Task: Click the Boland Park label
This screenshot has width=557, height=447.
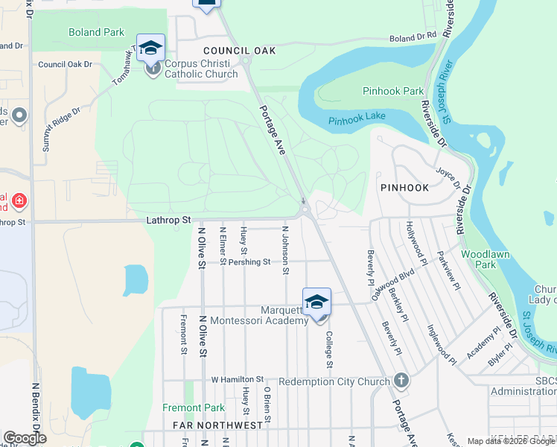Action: [x=95, y=32]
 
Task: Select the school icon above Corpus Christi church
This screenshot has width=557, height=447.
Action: [x=150, y=48]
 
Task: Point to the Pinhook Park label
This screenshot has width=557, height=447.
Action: [x=392, y=91]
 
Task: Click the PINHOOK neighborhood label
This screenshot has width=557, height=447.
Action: [x=404, y=188]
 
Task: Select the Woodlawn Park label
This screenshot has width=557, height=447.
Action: [x=489, y=259]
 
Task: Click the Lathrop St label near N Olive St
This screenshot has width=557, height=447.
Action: [x=169, y=220]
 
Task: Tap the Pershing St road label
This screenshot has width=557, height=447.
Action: [x=249, y=262]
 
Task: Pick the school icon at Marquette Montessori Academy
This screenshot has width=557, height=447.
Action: [x=316, y=302]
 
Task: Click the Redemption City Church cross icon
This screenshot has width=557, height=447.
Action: [x=401, y=381]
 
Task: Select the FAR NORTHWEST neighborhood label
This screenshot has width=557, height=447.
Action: [x=217, y=425]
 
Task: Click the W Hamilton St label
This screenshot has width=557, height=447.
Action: [x=238, y=379]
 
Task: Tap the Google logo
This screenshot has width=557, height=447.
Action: [x=25, y=438]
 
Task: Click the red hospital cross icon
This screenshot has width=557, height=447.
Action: [x=19, y=200]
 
